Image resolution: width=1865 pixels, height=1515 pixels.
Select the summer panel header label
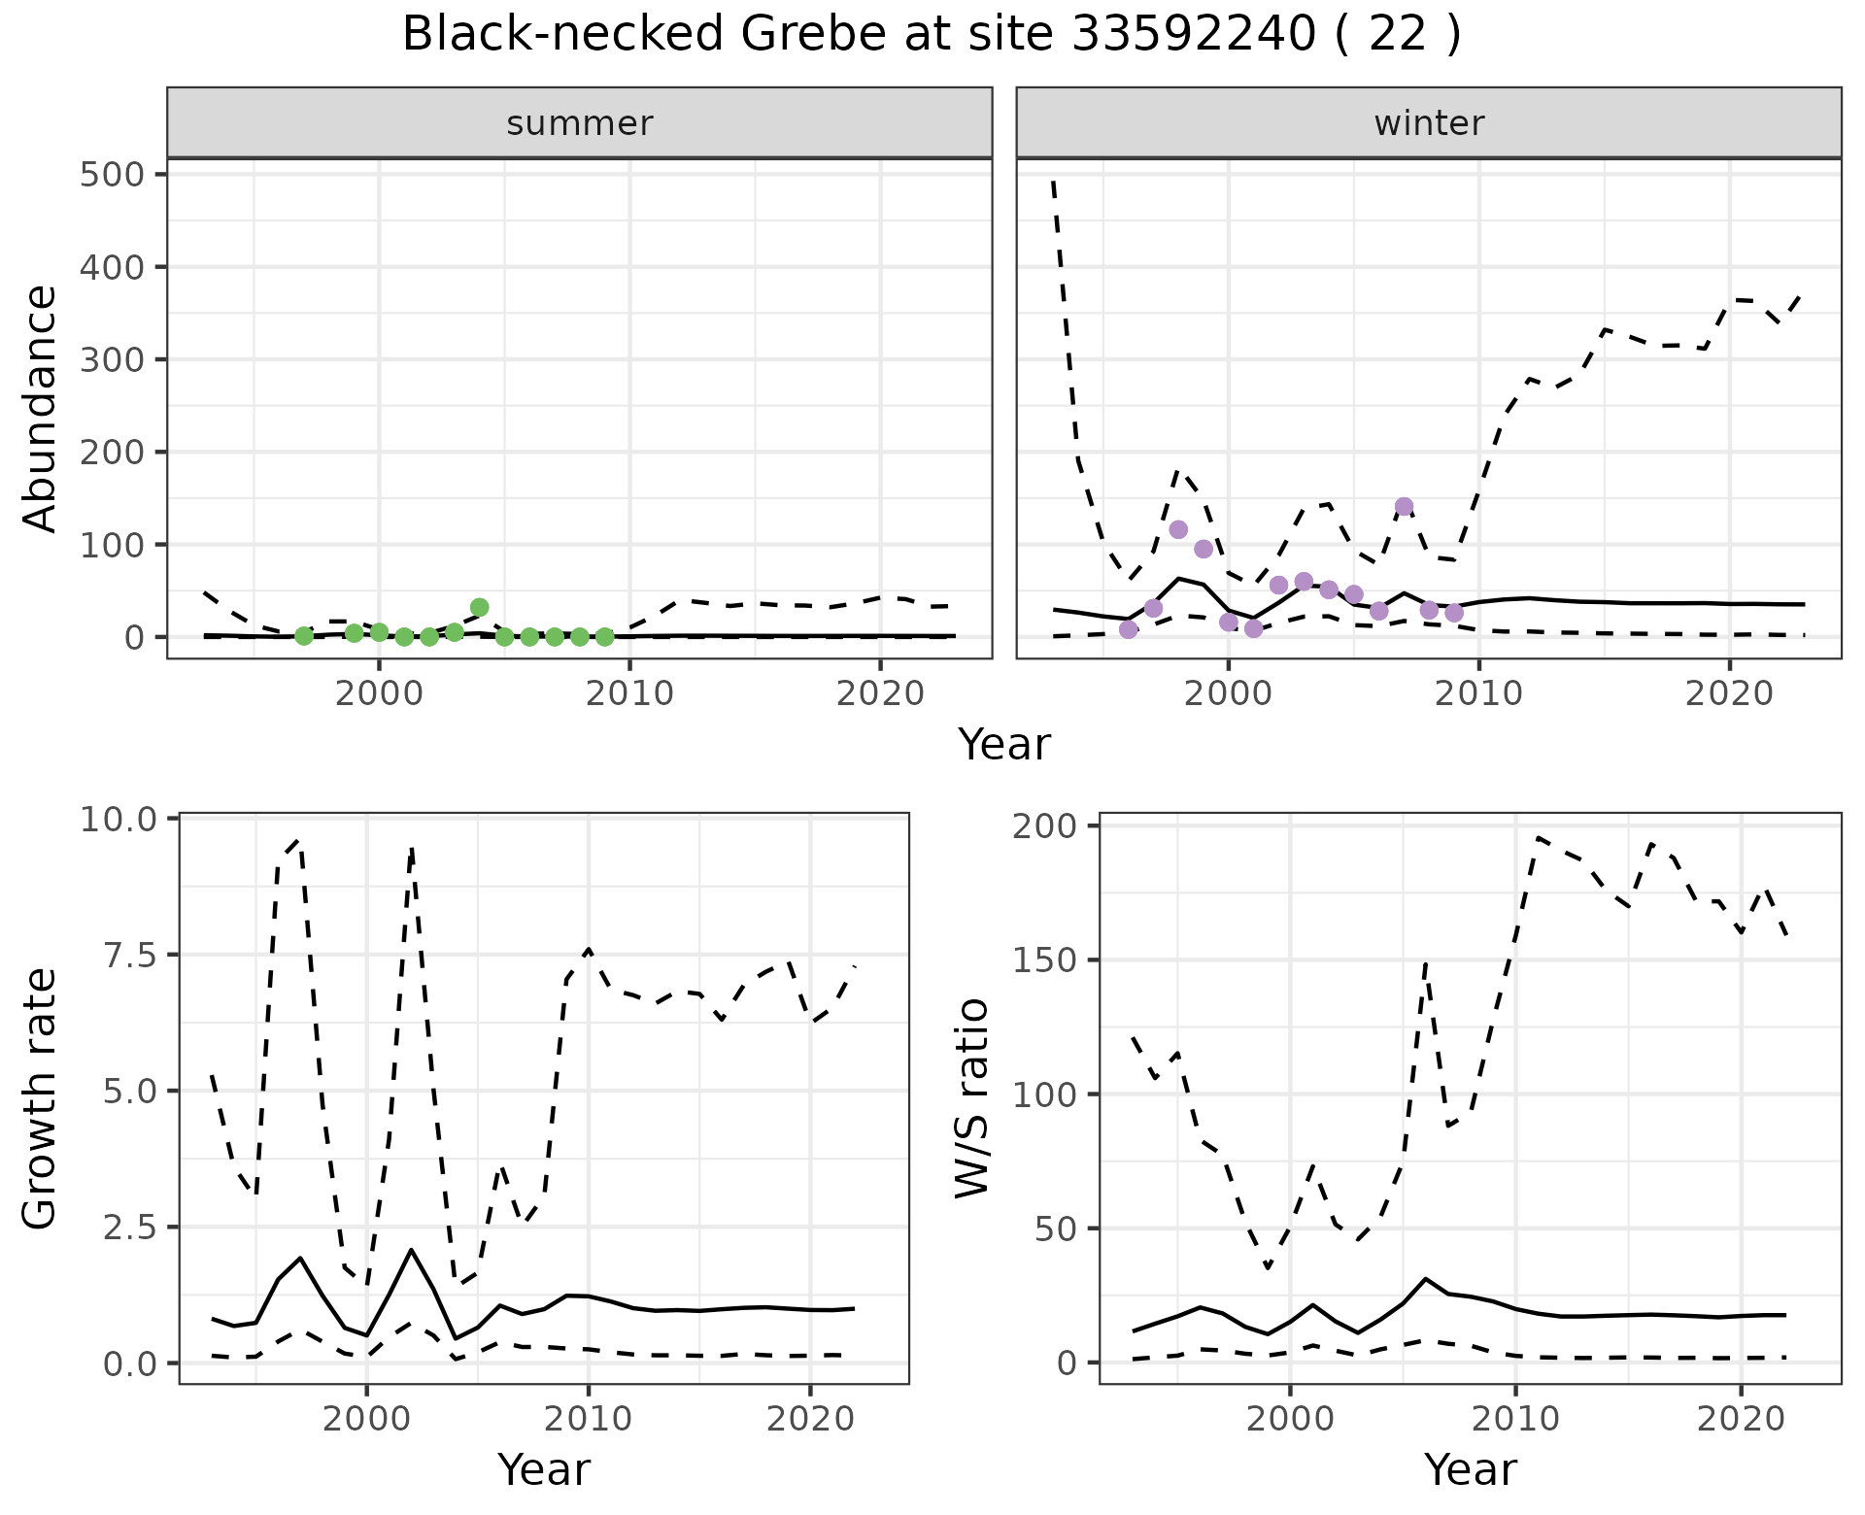coord(580,123)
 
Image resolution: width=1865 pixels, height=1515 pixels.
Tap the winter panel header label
coord(1429,123)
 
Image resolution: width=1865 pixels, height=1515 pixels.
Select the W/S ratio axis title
coord(971,1098)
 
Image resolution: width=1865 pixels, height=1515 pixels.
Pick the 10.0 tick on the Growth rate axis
coord(119,820)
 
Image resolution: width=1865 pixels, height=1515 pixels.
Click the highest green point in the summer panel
coord(479,608)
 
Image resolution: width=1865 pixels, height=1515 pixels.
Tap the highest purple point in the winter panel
coord(1404,506)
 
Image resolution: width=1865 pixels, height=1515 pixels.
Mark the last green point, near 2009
coord(604,637)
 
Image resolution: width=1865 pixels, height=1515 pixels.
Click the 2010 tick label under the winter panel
coord(1478,694)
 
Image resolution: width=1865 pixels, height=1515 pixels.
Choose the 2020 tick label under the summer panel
coord(880,694)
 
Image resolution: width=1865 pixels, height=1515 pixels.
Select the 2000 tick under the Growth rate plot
coord(366,1419)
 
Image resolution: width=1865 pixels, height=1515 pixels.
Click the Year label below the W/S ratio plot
coord(1470,1470)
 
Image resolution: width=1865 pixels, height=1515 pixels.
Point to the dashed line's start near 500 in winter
coord(1054,182)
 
